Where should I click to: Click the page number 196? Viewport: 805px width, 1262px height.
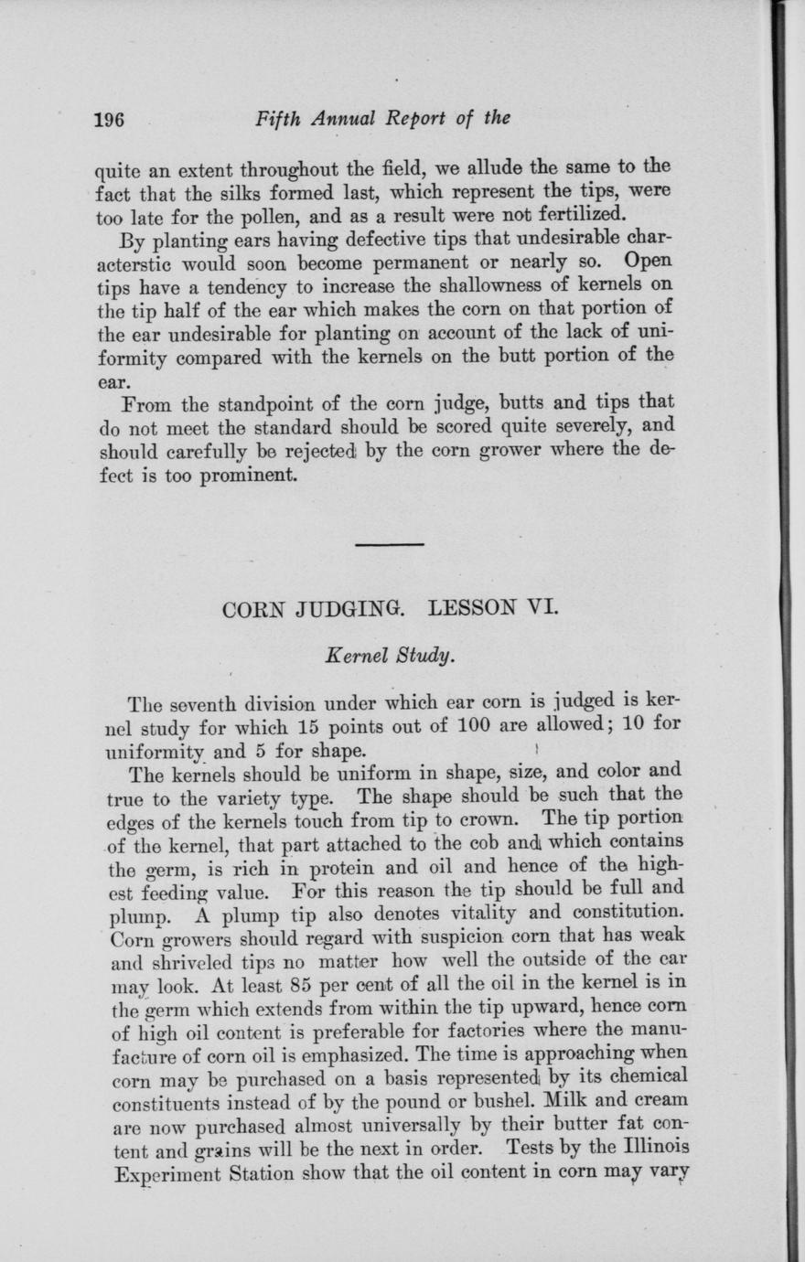click(110, 119)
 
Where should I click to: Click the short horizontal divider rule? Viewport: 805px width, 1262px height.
click(389, 545)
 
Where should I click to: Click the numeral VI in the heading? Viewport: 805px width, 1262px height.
click(537, 606)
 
